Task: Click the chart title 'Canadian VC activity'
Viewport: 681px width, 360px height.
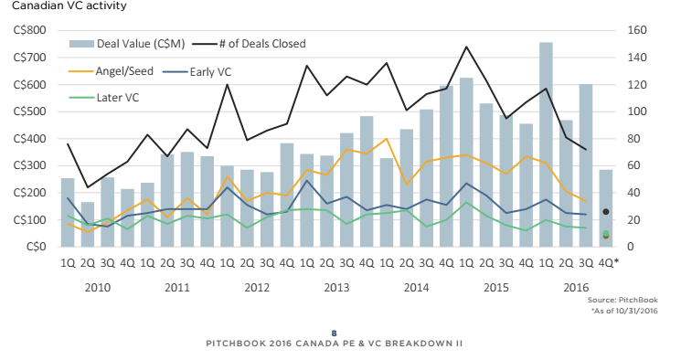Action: tap(58, 7)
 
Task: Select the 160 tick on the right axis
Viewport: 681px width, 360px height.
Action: tap(637, 30)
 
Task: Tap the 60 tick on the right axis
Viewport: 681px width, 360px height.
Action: tap(633, 165)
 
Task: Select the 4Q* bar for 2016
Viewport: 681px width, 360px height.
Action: tap(605, 208)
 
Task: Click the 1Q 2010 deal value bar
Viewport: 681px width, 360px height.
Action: tap(68, 212)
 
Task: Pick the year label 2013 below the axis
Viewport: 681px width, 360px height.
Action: tap(336, 287)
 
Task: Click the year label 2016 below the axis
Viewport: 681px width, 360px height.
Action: tap(575, 287)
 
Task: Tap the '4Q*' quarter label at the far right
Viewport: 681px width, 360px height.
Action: tap(607, 262)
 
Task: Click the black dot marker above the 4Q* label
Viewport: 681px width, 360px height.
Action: tap(605, 212)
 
